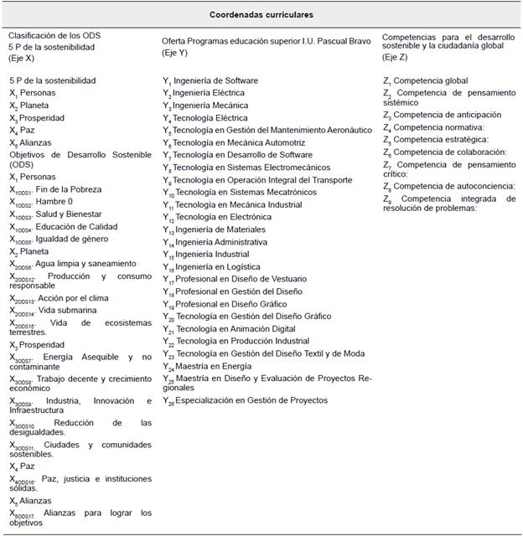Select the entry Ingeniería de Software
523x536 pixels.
(x=215, y=80)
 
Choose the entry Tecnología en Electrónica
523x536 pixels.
(x=222, y=217)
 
